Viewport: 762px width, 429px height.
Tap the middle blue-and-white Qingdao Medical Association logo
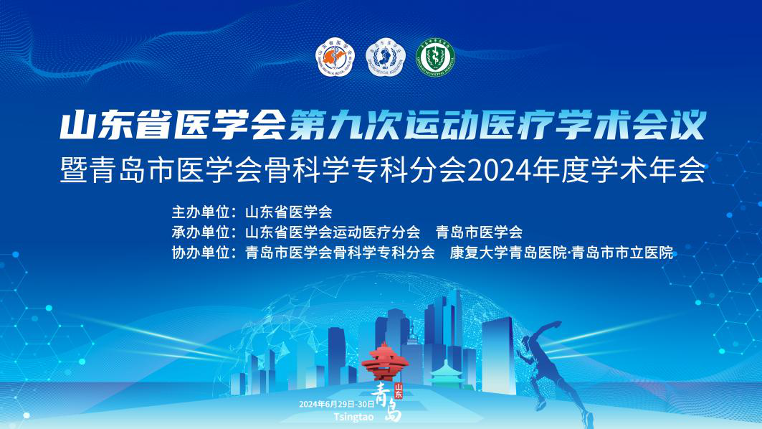point(386,58)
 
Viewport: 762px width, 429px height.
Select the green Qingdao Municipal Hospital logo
point(436,58)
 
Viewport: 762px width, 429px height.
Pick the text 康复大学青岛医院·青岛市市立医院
point(561,253)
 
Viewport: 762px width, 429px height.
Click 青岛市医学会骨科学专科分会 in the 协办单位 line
point(340,253)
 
